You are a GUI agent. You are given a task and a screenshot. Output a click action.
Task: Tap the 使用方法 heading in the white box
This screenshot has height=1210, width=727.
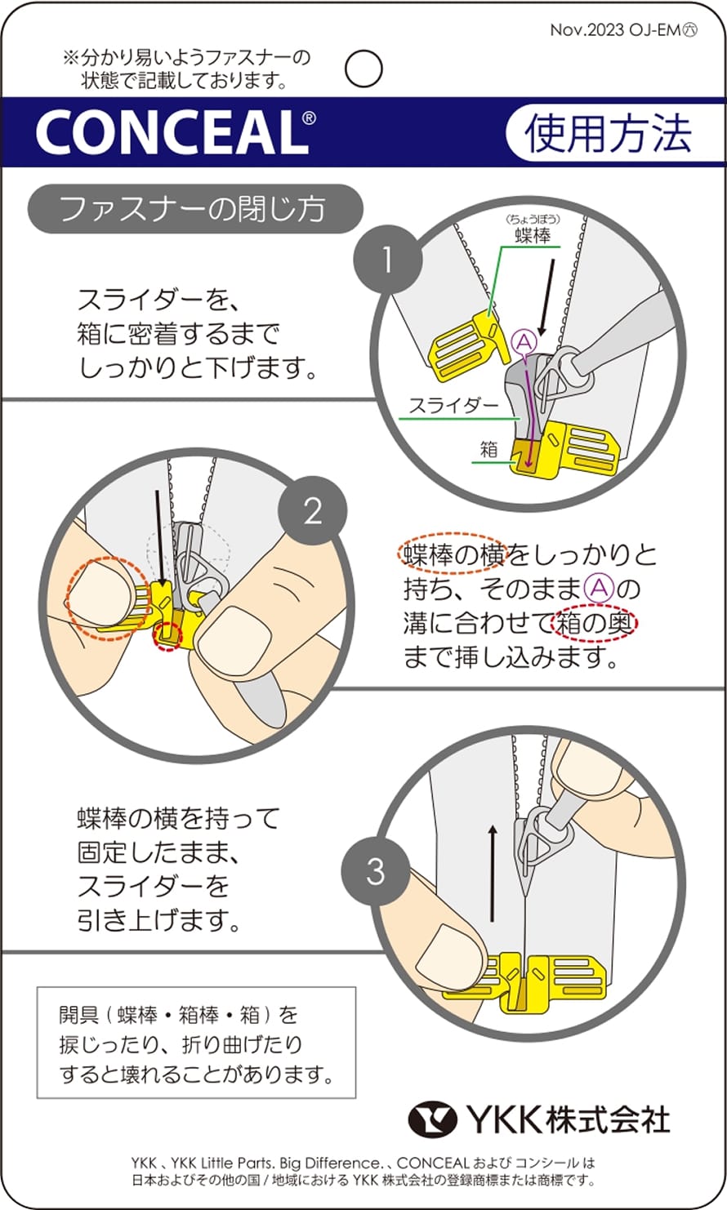608,133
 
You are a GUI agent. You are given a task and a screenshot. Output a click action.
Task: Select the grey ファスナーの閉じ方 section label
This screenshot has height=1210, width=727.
194,209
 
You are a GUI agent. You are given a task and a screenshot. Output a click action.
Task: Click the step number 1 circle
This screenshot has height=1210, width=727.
387,260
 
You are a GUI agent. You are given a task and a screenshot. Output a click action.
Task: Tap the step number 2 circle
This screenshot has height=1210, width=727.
313,512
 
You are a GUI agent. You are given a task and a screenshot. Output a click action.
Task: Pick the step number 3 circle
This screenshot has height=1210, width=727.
375,871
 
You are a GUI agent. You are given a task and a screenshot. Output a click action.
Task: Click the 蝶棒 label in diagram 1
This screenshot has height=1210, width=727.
533,236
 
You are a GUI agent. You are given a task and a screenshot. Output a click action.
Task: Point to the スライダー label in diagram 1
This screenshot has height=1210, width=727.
453,405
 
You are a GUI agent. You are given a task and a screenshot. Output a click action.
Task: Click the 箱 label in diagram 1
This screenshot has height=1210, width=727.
488,448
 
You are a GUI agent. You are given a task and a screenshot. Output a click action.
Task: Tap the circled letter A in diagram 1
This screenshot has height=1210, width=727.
523,341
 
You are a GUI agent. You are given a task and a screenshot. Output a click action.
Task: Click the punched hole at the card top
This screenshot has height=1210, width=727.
363,69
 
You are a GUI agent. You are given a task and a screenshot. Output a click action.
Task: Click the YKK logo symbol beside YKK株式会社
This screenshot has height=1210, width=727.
433,1119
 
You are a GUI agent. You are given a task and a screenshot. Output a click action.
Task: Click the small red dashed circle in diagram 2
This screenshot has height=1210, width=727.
168,636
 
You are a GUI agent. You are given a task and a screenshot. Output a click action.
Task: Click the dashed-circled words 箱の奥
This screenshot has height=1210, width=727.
595,624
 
